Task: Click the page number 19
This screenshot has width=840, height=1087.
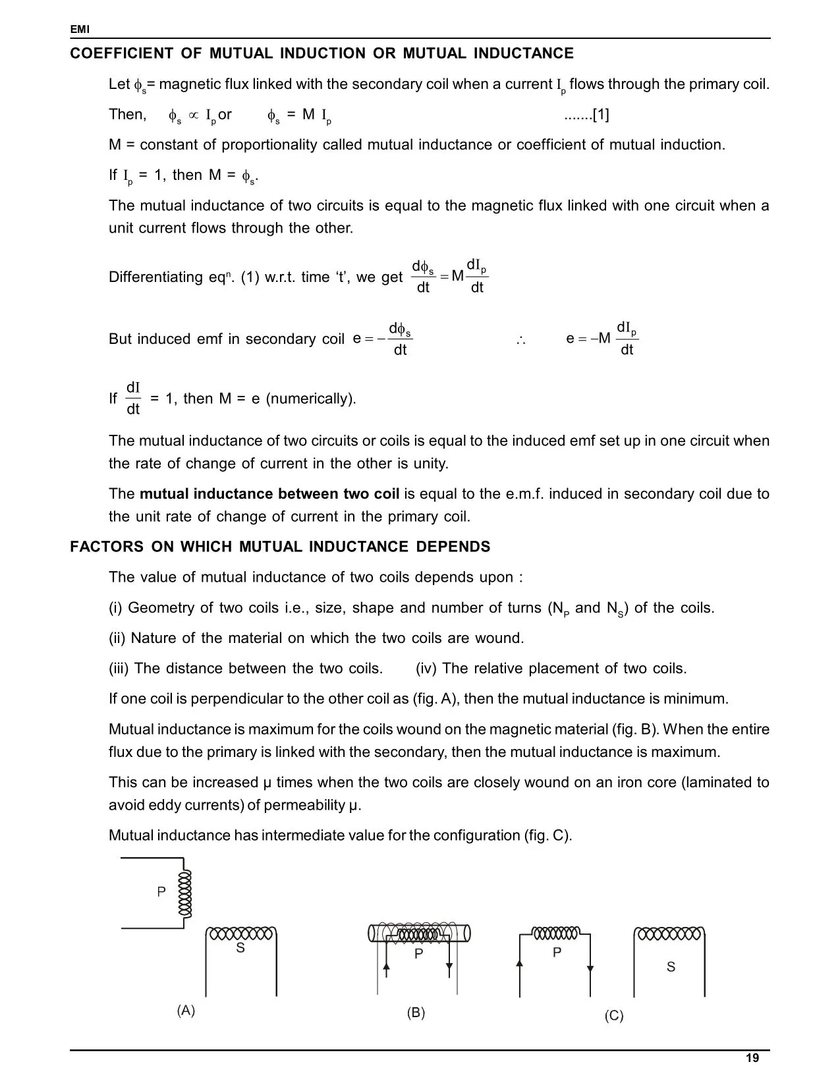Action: [752, 1059]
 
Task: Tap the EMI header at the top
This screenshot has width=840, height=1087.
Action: [79, 30]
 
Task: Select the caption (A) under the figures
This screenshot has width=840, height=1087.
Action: [186, 1011]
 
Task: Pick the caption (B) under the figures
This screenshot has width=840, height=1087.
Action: [416, 1013]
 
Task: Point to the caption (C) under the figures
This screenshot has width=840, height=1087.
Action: [613, 1016]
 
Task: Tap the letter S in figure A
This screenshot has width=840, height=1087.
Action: [240, 949]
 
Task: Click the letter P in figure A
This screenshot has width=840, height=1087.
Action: [161, 892]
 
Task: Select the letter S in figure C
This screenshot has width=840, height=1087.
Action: [671, 967]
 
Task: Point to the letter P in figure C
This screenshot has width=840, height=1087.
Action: [557, 953]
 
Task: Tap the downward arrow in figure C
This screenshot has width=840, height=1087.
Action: [590, 969]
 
